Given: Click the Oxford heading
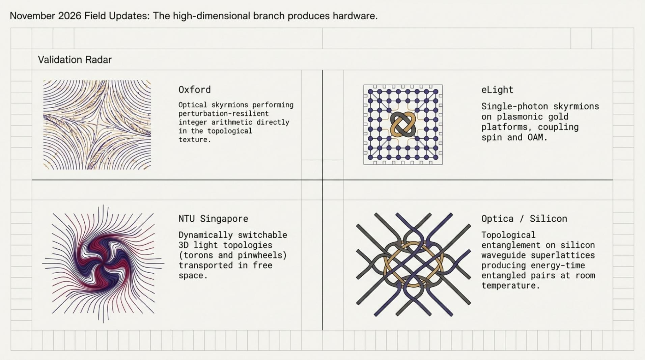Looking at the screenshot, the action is tap(195, 90).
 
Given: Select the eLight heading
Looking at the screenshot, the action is tap(497, 90).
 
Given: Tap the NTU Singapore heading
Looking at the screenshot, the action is tap(213, 219).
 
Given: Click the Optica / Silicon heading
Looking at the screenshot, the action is tap(524, 219).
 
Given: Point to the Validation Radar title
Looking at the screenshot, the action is tap(75, 60).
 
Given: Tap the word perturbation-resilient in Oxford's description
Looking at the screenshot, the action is tap(224, 114).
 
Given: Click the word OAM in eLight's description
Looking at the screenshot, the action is tap(536, 137).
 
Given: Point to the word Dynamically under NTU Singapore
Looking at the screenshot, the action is tap(203, 235).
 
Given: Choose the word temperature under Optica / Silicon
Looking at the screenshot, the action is tap(511, 285).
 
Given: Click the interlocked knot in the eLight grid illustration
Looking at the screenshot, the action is tap(403, 124).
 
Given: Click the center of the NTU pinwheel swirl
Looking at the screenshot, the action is tap(103, 264).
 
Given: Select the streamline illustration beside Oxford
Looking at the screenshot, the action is tap(97, 124).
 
